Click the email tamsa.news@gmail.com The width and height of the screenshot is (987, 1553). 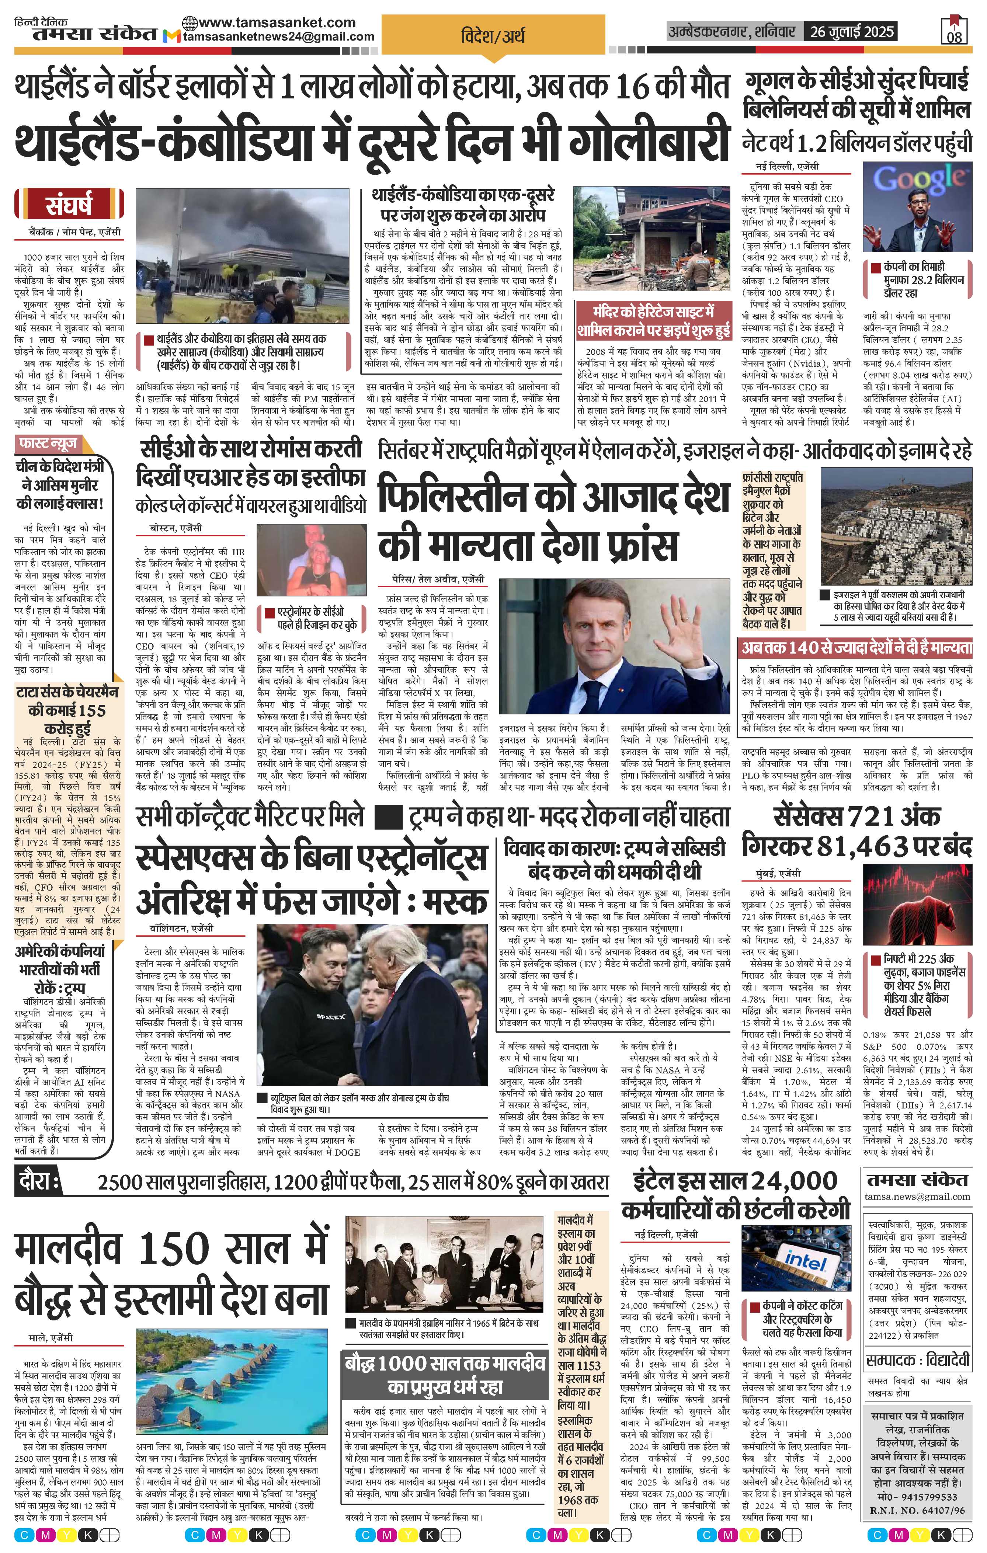point(917,1196)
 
